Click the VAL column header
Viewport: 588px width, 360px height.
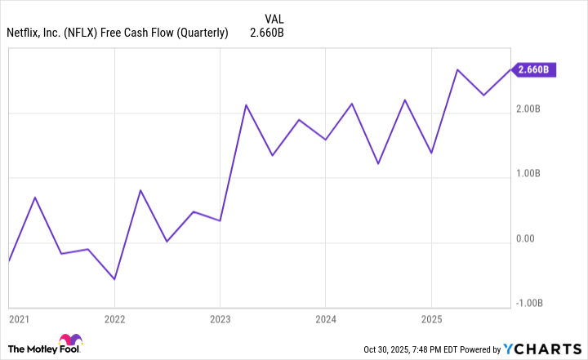tap(275, 18)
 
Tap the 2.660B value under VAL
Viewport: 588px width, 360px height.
tap(267, 33)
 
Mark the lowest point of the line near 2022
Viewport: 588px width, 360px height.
tap(114, 279)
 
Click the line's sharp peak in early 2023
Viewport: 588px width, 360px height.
tap(246, 105)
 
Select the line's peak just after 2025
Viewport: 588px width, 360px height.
tap(457, 70)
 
